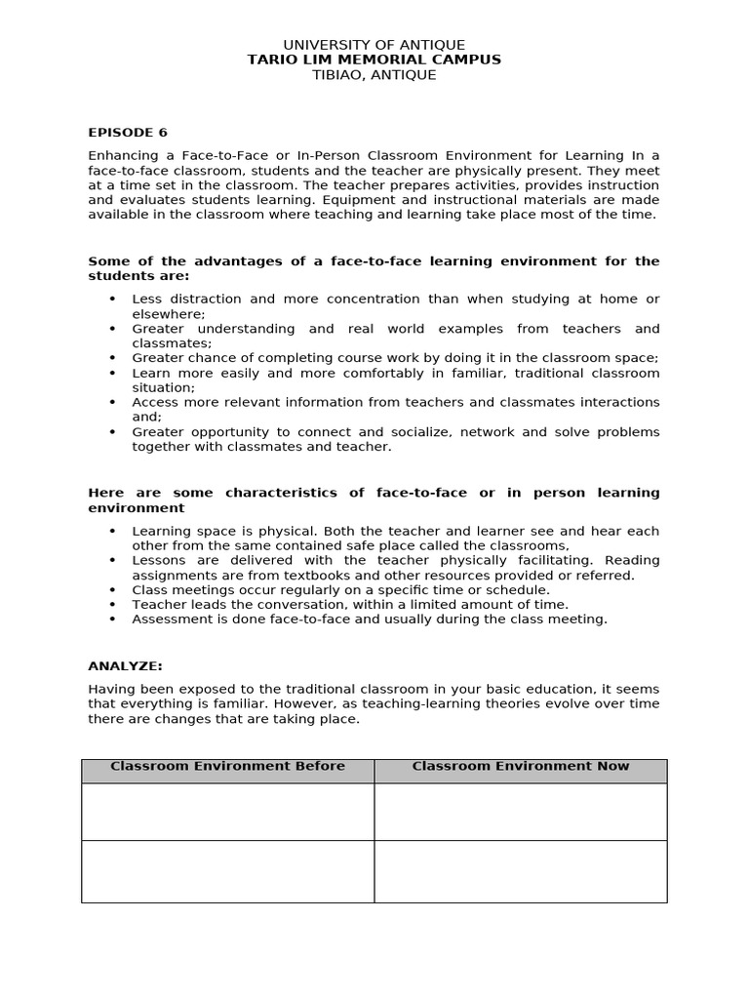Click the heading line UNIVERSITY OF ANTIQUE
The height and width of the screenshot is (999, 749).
[374, 45]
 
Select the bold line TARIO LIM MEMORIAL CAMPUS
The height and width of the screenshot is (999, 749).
[374, 60]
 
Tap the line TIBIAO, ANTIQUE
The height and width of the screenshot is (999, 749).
[374, 75]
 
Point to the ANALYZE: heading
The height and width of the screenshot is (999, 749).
[125, 665]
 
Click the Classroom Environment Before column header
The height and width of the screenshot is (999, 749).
[227, 767]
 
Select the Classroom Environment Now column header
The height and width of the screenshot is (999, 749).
[521, 767]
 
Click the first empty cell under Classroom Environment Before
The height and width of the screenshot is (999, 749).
[227, 811]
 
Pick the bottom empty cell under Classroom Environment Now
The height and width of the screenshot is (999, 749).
[521, 871]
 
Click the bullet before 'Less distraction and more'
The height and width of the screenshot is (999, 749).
[112, 299]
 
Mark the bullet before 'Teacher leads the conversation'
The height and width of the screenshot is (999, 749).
[112, 604]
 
